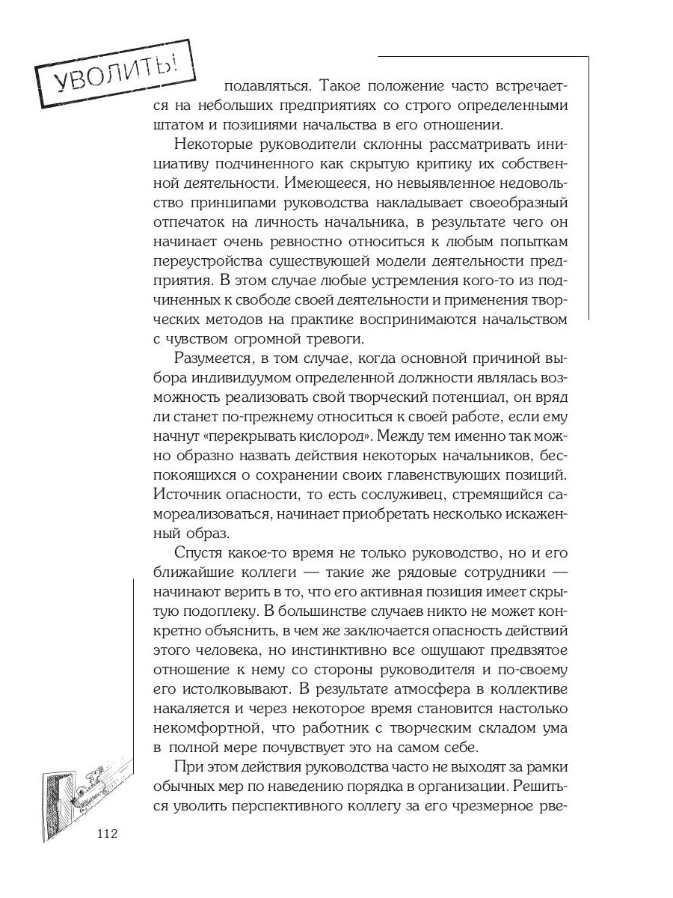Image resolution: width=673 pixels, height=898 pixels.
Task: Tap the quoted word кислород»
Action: coord(354,436)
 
